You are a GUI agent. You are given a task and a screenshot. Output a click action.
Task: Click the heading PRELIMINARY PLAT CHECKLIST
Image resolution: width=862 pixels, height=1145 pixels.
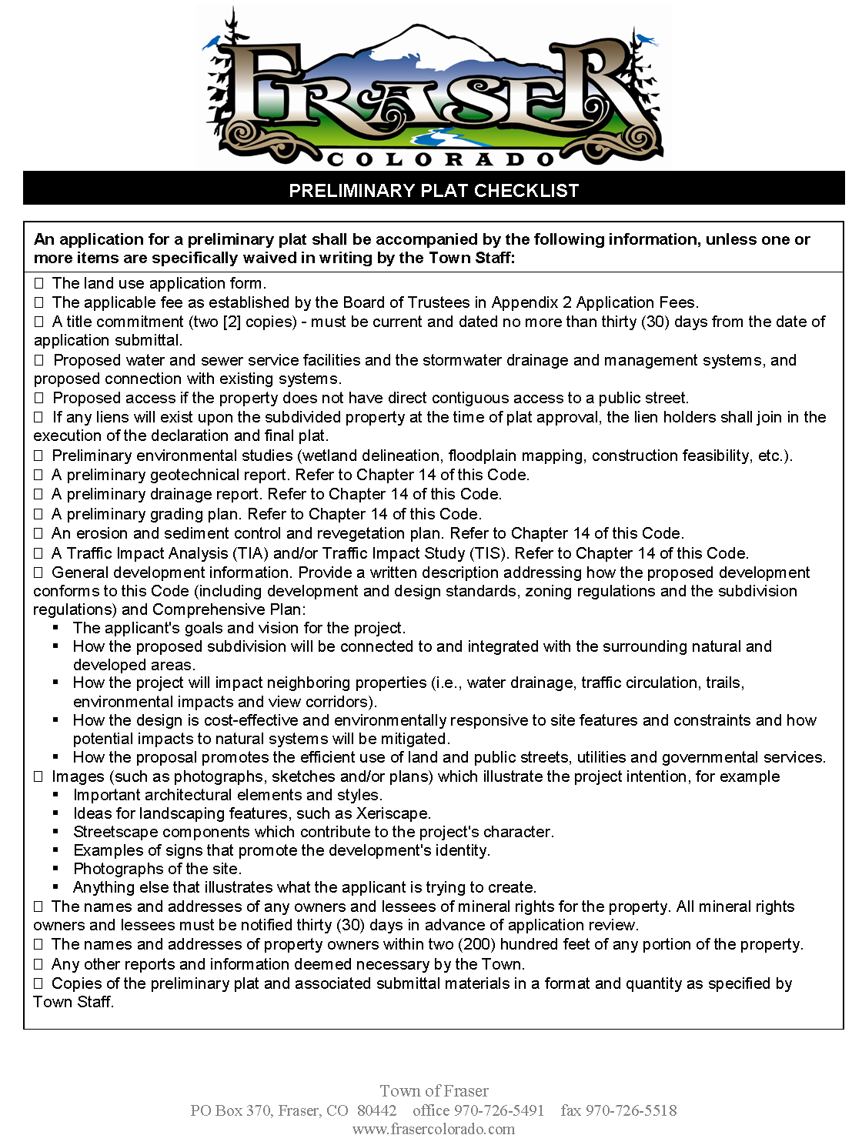click(433, 190)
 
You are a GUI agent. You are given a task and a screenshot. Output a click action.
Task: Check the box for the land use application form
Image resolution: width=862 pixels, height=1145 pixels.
click(38, 283)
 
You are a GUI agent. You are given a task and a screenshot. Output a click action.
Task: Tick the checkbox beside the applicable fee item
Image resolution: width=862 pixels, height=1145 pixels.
click(38, 302)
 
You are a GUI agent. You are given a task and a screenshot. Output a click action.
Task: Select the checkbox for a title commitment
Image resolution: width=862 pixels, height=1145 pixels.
click(38, 322)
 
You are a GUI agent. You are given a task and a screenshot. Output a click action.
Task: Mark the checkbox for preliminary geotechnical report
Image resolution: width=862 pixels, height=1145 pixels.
click(38, 475)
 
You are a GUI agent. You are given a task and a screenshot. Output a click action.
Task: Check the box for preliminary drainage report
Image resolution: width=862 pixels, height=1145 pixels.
click(38, 494)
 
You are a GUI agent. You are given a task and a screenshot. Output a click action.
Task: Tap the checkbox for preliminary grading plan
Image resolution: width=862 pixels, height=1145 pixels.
click(38, 514)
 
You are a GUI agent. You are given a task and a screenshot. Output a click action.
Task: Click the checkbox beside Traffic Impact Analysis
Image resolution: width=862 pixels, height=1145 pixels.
click(38, 553)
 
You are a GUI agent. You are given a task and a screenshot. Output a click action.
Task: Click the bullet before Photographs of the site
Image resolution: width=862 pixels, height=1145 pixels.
click(56, 869)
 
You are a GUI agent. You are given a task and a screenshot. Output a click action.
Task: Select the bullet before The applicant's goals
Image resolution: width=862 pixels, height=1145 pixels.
click(56, 628)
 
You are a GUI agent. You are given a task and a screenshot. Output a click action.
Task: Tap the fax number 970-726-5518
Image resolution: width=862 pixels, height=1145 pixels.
click(631, 1110)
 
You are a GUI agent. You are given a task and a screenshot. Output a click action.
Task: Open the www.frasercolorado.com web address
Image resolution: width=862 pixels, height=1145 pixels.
click(433, 1129)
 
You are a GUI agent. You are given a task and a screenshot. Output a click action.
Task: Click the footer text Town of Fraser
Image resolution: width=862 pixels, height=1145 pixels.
click(434, 1091)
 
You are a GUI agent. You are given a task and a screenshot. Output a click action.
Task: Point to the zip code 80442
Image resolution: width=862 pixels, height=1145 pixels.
click(377, 1110)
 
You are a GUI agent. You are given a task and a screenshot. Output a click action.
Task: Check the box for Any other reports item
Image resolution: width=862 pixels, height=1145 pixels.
click(38, 964)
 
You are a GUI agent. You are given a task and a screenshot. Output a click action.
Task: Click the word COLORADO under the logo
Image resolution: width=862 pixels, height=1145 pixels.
click(441, 160)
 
